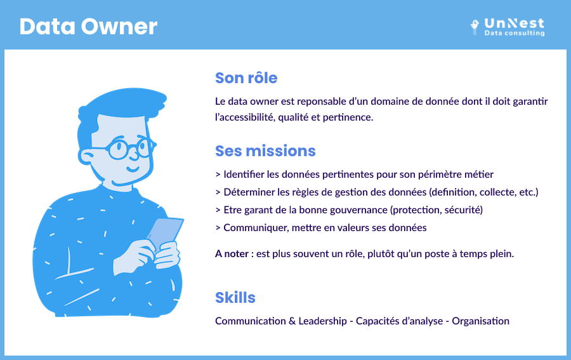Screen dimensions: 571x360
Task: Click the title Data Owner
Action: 88,27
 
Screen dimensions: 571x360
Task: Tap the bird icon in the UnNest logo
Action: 475,27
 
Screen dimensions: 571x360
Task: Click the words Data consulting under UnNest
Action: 514,33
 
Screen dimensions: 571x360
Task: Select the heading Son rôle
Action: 246,78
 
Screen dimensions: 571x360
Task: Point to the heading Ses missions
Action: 265,151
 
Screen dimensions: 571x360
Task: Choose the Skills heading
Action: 235,297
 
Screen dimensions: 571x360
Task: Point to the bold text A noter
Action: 232,253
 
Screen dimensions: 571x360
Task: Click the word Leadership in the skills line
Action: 323,321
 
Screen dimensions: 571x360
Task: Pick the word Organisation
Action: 481,321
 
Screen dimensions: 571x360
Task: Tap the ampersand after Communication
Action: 292,321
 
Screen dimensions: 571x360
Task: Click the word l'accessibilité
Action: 245,117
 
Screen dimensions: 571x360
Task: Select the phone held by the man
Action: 166,232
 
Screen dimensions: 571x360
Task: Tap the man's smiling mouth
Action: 133,169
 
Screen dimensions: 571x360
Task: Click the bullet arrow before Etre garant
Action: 218,210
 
